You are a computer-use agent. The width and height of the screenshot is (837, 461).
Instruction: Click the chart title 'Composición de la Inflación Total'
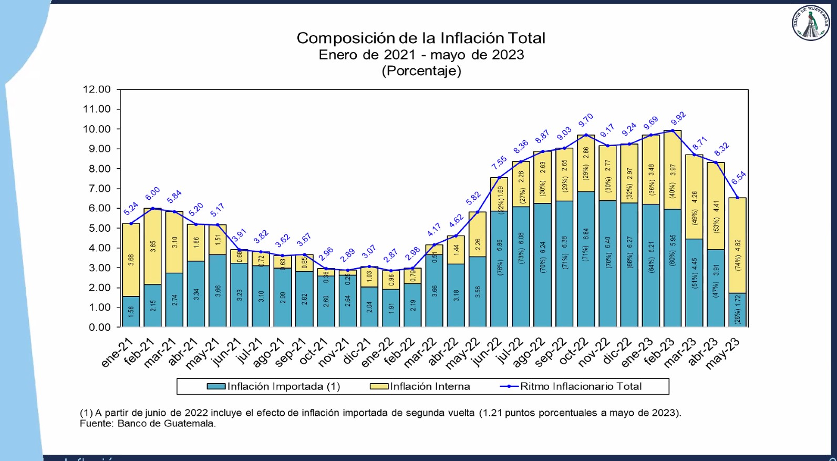point(421,38)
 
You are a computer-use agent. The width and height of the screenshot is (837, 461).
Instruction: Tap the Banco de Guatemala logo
point(810,23)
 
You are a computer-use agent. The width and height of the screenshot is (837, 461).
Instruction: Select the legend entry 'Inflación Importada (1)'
point(274,386)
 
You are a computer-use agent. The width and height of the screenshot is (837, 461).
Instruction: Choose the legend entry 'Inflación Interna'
point(420,386)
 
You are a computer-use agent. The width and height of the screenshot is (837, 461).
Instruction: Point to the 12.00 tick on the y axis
point(97,89)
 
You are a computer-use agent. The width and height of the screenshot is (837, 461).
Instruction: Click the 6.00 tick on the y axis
point(97,208)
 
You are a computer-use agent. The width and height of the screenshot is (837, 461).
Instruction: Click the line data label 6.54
point(739,178)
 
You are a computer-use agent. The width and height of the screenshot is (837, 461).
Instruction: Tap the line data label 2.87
point(390,256)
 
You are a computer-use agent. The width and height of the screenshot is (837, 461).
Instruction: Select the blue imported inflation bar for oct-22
point(586,259)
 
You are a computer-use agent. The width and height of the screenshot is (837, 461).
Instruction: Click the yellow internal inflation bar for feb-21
point(153,247)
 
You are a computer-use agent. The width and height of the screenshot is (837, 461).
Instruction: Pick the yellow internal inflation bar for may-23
point(737,245)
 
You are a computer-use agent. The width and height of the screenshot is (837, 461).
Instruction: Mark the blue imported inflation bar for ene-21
point(131,312)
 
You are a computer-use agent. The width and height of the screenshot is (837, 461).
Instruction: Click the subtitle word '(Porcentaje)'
point(421,71)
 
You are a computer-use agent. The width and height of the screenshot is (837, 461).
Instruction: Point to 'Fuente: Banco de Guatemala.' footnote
point(148,424)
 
